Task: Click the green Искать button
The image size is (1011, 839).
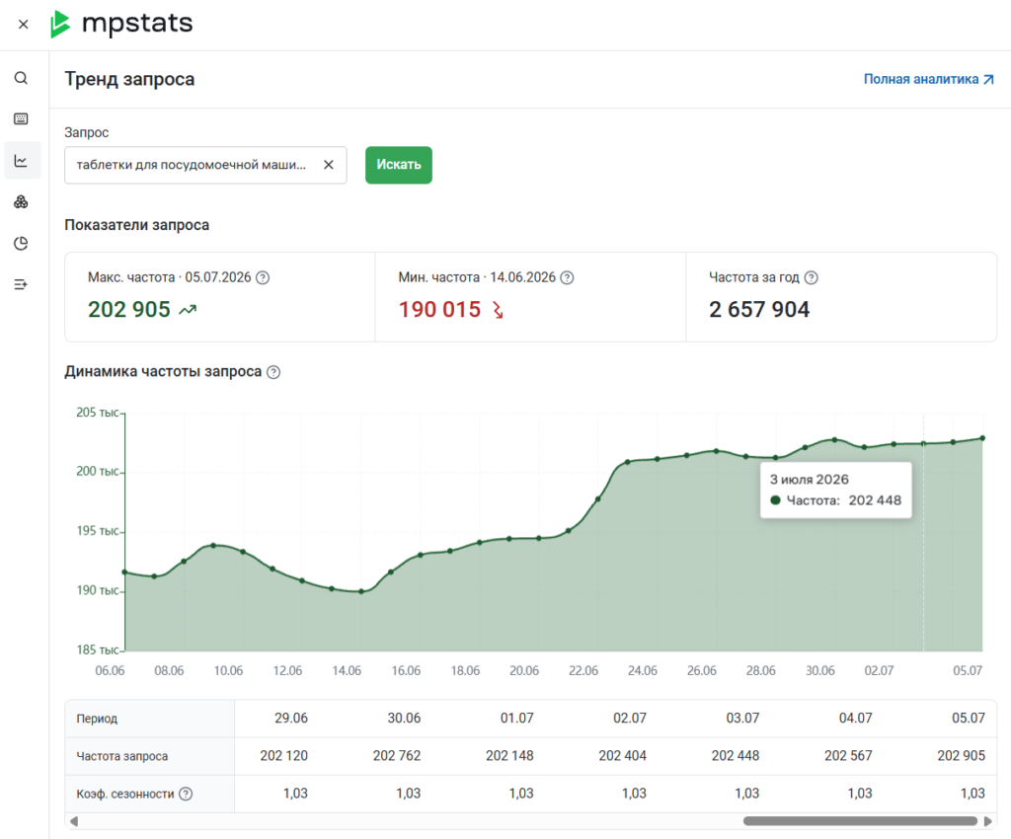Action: click(x=399, y=165)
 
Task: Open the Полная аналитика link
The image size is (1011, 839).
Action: click(x=928, y=79)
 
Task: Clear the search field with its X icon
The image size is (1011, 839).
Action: click(x=328, y=165)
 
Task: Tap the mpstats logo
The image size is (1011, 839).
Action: click(x=121, y=24)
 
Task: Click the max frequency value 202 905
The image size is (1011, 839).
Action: click(x=129, y=309)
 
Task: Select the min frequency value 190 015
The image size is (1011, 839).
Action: click(x=439, y=309)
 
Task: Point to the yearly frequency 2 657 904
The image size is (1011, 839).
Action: click(x=759, y=309)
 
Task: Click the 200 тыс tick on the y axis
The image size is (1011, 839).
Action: click(x=98, y=471)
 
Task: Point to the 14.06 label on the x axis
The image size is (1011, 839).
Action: click(x=347, y=670)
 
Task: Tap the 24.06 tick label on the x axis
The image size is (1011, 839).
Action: click(x=642, y=670)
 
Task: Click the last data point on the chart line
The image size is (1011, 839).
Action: click(x=982, y=438)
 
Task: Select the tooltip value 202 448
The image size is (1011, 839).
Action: click(x=875, y=500)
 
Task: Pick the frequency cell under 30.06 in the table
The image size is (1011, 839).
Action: click(x=397, y=755)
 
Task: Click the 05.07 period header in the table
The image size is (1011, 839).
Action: click(x=969, y=718)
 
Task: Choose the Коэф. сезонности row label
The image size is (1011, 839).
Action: click(x=125, y=794)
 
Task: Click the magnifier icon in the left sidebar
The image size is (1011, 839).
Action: click(x=22, y=78)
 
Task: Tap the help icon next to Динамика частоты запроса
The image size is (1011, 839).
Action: click(x=273, y=372)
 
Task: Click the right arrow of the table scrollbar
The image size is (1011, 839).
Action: click(x=987, y=821)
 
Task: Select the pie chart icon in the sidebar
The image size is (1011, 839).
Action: click(x=22, y=243)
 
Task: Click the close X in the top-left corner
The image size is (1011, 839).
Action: click(x=24, y=25)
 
